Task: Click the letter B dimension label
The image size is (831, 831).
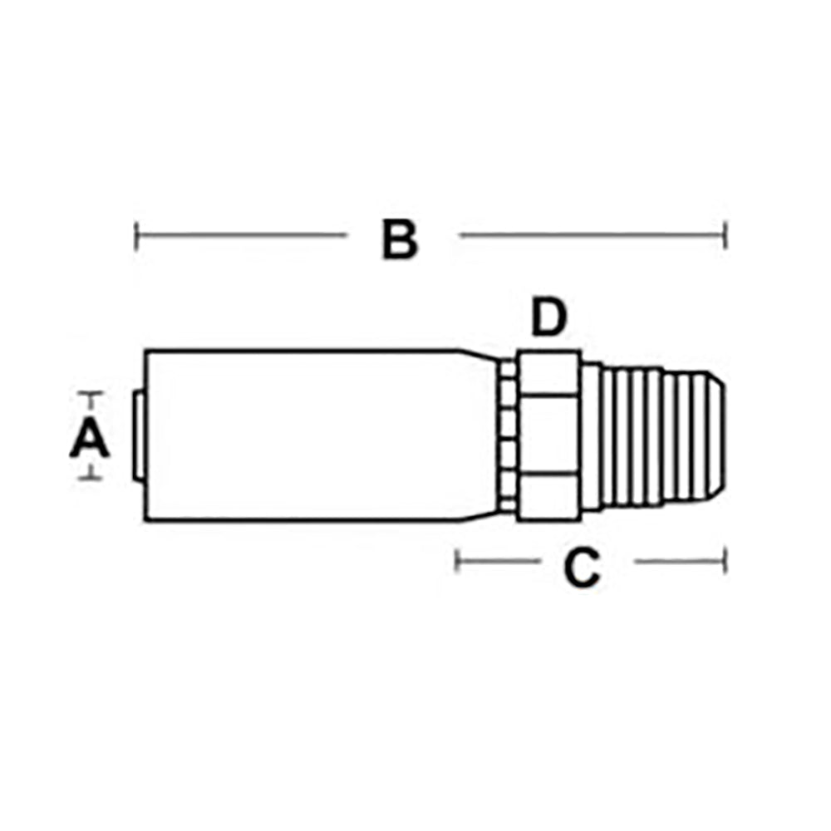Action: click(x=401, y=240)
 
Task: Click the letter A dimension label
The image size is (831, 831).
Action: click(x=89, y=437)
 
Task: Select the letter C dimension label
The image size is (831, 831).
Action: click(x=582, y=568)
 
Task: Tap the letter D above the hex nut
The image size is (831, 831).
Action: click(x=549, y=317)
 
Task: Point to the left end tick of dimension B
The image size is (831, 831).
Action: click(x=137, y=236)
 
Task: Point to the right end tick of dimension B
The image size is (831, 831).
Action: click(x=725, y=235)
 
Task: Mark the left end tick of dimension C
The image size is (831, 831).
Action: click(x=457, y=561)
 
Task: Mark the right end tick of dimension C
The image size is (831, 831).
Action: click(x=725, y=561)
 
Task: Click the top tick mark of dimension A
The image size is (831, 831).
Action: click(x=91, y=393)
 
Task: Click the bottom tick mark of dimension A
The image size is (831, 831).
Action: click(x=91, y=478)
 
